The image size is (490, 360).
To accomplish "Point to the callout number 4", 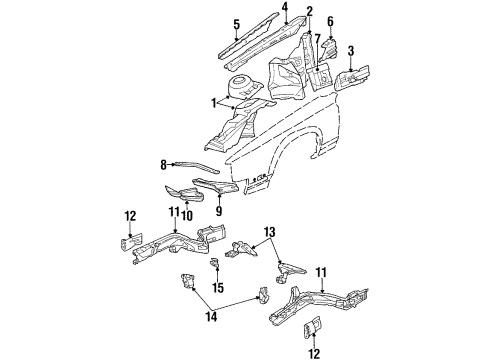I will click(x=284, y=8).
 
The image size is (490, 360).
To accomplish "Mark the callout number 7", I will click(x=318, y=40).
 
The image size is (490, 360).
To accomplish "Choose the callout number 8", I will click(x=163, y=163).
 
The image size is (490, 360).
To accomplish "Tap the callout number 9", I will click(x=219, y=212).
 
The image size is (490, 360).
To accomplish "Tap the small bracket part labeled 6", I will click(x=332, y=44).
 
